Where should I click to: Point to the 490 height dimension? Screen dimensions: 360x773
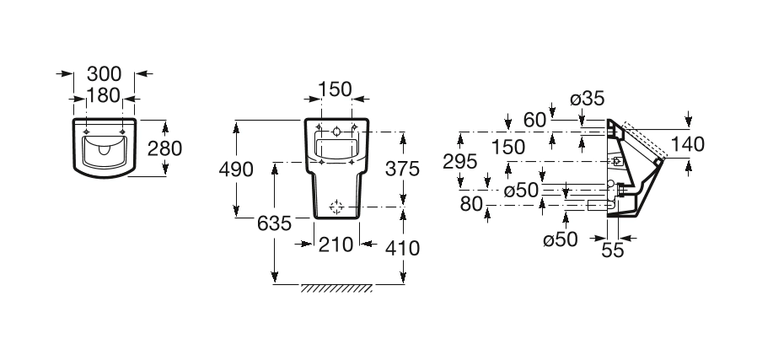(x=236, y=169)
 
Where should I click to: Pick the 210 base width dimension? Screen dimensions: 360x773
(x=336, y=245)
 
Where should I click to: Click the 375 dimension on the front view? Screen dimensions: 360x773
(x=403, y=169)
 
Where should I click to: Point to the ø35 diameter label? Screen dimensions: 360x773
(x=587, y=99)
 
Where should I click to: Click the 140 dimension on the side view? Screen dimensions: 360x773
(x=688, y=144)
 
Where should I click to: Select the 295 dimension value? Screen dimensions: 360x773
(x=461, y=162)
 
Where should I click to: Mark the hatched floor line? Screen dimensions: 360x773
(x=337, y=288)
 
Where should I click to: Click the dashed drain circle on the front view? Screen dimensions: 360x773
(x=336, y=207)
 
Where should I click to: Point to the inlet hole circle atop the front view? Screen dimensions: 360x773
(x=336, y=132)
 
